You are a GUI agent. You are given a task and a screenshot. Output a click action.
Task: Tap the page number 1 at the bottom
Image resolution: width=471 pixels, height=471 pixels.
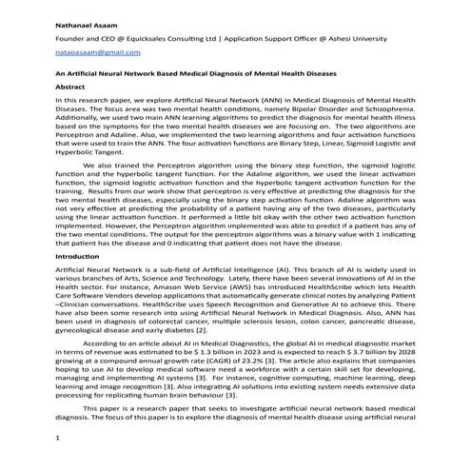(x=58, y=438)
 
